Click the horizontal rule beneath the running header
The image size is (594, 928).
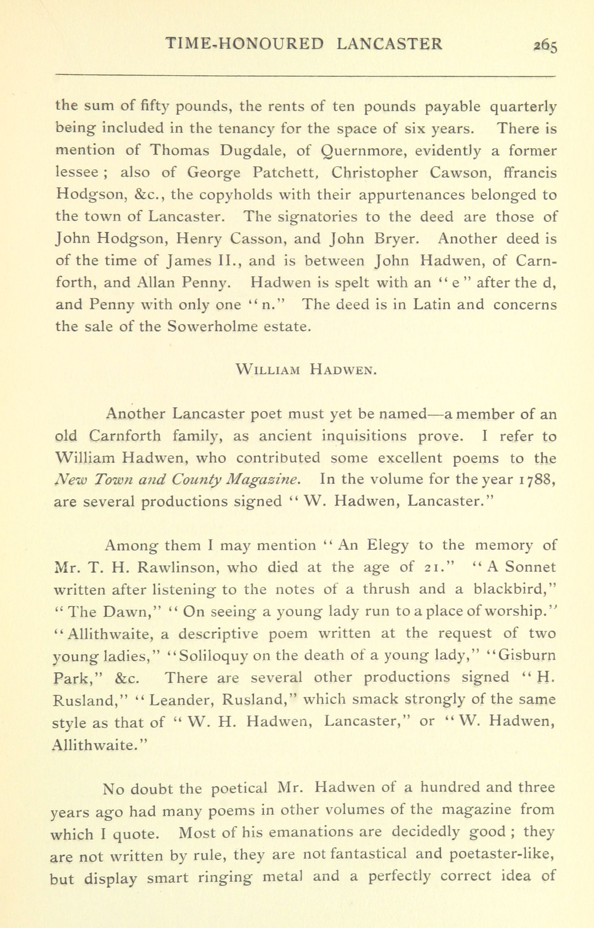(x=305, y=75)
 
